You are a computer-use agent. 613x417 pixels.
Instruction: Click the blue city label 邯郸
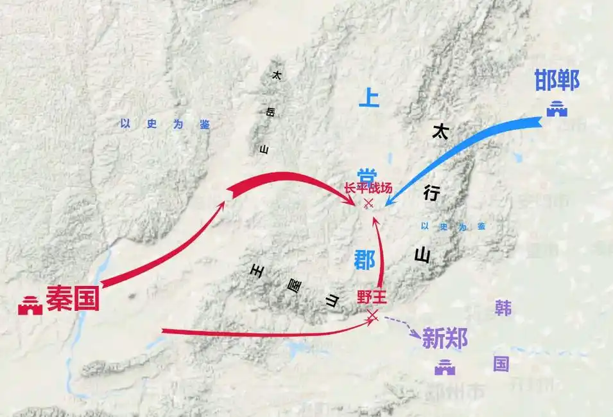point(557,80)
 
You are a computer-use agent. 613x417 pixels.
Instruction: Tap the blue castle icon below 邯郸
point(557,109)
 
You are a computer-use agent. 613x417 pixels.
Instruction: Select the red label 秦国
point(73,298)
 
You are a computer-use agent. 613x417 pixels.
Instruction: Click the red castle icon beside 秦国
point(30,305)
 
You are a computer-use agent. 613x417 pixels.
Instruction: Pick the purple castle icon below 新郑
point(445,368)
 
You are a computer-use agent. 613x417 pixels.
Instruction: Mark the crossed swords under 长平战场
point(368,204)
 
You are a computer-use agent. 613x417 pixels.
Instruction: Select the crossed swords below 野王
point(372,315)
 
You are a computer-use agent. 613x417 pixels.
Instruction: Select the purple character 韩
point(503,308)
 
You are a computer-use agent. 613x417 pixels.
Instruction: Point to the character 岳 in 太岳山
point(270,112)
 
